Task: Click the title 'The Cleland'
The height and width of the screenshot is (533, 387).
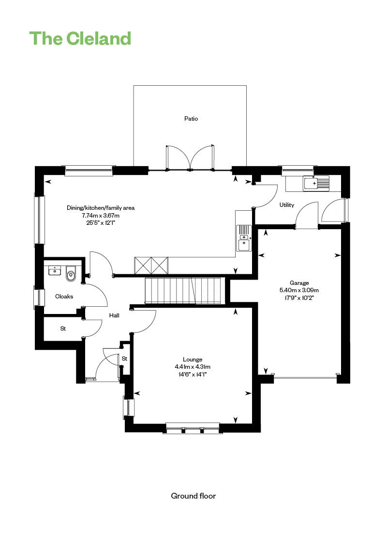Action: coord(80,38)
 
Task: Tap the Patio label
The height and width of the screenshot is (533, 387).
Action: coord(191,119)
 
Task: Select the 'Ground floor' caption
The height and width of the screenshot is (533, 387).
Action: coord(193,496)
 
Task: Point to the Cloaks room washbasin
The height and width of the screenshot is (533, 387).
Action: coord(54,271)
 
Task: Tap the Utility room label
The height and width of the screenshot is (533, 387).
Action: coord(286,204)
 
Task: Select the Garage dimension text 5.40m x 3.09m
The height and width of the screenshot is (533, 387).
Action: coord(299,290)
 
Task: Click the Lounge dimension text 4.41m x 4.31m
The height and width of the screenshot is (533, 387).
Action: coord(193,367)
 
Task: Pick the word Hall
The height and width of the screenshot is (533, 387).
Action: coord(114,315)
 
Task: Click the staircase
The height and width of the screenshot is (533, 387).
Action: coord(183,290)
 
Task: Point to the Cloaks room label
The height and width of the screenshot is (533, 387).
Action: coord(64,297)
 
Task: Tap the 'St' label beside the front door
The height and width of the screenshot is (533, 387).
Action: coord(125,359)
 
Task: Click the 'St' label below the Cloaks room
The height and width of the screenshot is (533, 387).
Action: coord(63,329)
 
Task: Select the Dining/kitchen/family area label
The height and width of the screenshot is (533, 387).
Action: coord(101,208)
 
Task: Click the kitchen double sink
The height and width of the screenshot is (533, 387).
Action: coord(244,237)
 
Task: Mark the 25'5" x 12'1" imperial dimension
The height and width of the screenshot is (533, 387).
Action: coord(101,223)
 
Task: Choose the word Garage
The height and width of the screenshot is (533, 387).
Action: coord(299,283)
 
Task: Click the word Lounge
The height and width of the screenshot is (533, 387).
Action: coord(193,360)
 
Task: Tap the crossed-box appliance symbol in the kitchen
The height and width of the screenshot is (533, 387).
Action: coord(151,266)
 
